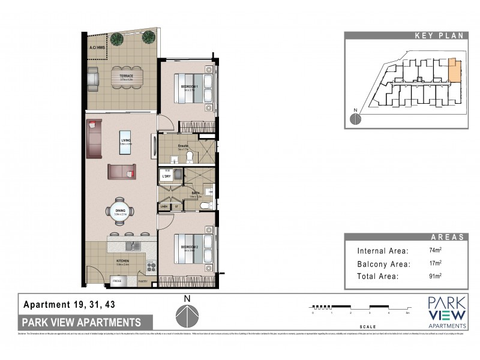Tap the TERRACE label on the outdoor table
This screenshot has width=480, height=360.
click(x=125, y=76)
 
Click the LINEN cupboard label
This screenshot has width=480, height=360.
click(x=164, y=207)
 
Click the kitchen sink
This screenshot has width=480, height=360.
click(x=131, y=245)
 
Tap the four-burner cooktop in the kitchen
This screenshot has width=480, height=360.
click(x=151, y=266)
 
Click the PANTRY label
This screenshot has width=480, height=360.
click(x=143, y=280)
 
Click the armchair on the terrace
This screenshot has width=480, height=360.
click(x=93, y=77)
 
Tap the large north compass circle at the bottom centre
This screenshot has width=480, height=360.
click(x=188, y=316)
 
